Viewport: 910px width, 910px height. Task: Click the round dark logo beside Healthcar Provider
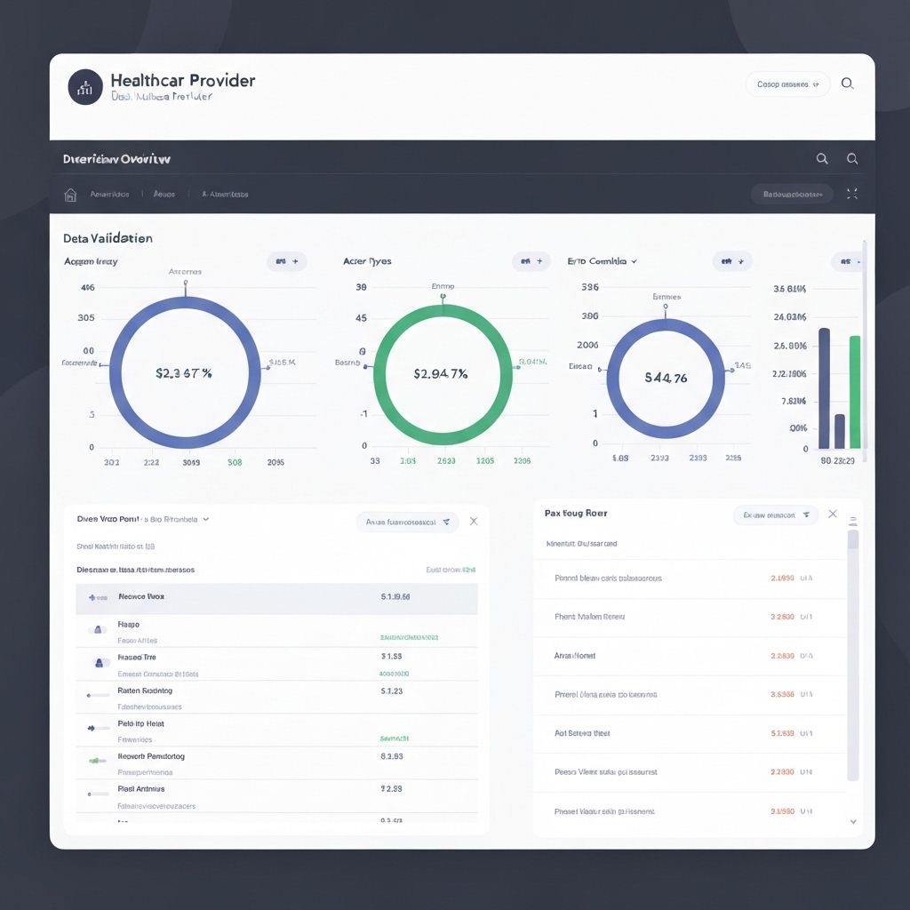click(85, 87)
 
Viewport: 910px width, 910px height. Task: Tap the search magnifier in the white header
click(847, 84)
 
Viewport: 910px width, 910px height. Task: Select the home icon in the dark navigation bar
click(71, 194)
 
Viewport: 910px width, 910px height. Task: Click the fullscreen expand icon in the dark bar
click(852, 194)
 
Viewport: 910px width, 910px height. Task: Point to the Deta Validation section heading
click(108, 238)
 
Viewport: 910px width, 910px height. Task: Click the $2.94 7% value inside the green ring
click(441, 373)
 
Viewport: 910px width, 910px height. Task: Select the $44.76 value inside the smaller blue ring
click(666, 378)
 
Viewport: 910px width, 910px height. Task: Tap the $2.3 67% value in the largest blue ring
click(184, 373)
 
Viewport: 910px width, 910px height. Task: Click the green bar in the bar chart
click(855, 391)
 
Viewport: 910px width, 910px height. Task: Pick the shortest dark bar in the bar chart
click(840, 431)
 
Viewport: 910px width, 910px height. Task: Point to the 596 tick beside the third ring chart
click(589, 287)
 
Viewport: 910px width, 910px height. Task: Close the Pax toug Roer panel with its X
click(833, 514)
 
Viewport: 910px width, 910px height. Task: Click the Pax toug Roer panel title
click(576, 513)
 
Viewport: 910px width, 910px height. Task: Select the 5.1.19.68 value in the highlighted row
click(395, 597)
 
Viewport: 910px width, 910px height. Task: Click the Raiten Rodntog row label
click(145, 690)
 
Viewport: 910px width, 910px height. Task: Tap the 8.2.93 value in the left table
click(392, 756)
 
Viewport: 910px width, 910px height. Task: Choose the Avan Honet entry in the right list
click(575, 655)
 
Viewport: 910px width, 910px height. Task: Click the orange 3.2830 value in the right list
click(782, 616)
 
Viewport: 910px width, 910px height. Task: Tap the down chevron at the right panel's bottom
click(853, 822)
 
